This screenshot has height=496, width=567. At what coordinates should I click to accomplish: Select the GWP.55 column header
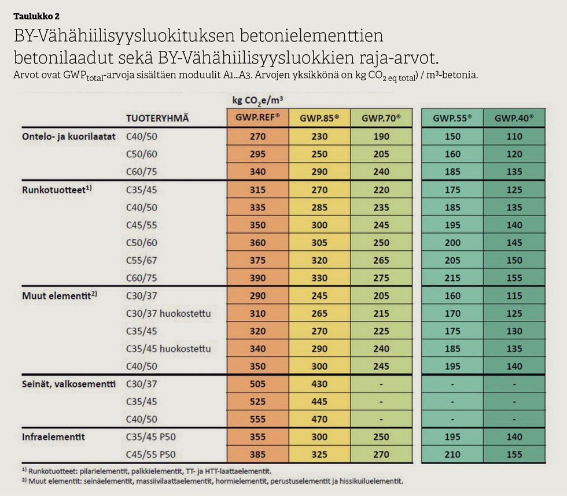pyautogui.click(x=452, y=119)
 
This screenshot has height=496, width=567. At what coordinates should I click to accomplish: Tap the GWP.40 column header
pyautogui.click(x=514, y=119)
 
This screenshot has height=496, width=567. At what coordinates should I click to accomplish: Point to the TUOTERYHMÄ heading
pyautogui.click(x=158, y=119)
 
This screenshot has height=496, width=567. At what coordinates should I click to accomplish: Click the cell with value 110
pyautogui.click(x=514, y=137)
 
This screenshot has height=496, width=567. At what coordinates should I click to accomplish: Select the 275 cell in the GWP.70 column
pyautogui.click(x=381, y=278)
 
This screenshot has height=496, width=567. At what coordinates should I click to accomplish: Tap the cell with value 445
pyautogui.click(x=319, y=402)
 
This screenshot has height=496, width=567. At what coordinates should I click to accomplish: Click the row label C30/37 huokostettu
pyautogui.click(x=168, y=313)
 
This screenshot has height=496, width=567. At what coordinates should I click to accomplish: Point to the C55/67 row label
pyautogui.click(x=141, y=261)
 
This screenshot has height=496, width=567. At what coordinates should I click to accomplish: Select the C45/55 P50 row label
pyautogui.click(x=150, y=454)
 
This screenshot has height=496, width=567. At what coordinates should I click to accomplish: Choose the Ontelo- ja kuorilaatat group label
pyautogui.click(x=69, y=137)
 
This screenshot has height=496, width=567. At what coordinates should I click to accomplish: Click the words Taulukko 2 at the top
pyautogui.click(x=36, y=16)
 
